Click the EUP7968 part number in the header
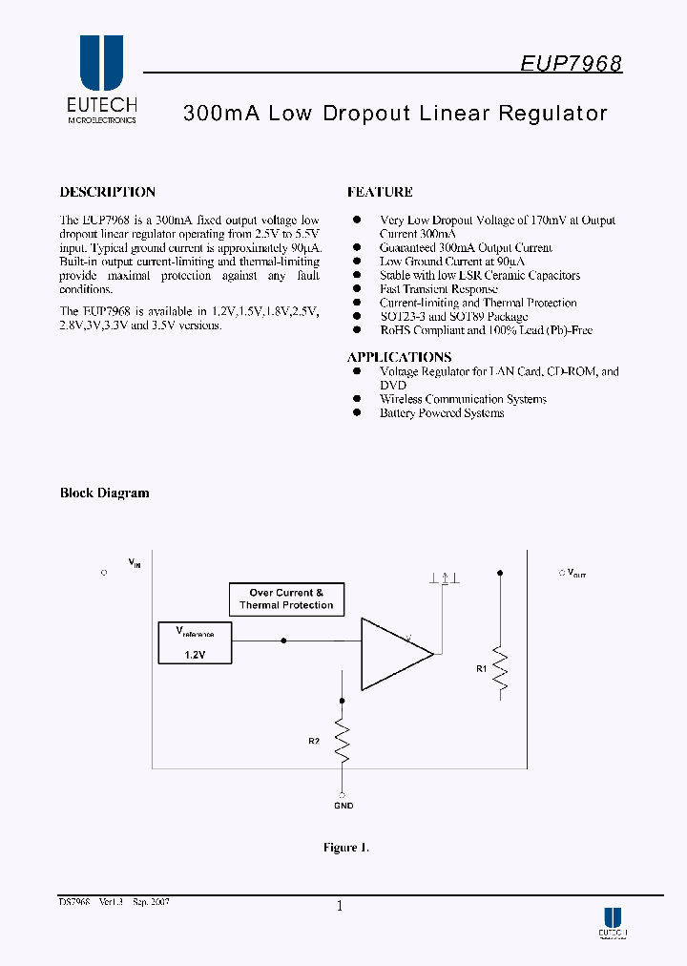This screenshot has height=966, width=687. point(572,64)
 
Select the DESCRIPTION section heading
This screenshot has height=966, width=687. point(107,192)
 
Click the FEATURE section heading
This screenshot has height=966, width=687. point(380,192)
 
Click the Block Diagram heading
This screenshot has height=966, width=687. point(105,493)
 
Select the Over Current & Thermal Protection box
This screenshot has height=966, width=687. point(286,599)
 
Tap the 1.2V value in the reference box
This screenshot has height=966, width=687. point(195,656)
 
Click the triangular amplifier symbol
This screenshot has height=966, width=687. point(394,654)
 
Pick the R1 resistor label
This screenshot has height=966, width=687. point(481,669)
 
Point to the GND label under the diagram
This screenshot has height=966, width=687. point(343,806)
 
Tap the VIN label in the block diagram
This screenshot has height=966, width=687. point(135,563)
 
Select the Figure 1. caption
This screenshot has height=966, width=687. point(345,848)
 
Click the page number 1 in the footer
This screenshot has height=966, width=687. point(340,908)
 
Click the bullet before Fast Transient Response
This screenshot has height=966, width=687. point(358,288)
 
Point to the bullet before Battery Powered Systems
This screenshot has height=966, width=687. point(358,412)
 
